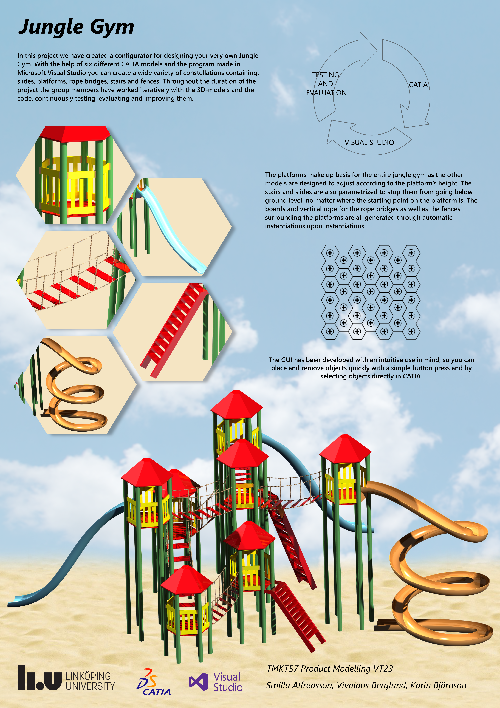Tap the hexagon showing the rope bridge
76,280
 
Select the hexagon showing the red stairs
173,332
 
